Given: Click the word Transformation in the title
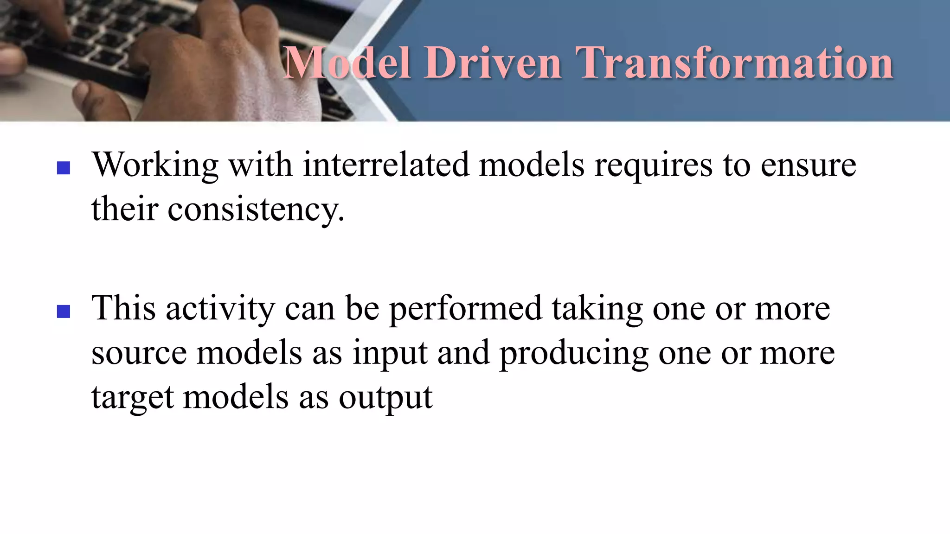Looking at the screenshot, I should click(x=734, y=63).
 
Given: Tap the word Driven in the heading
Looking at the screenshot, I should click(x=493, y=63).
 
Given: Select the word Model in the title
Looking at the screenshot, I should click(x=347, y=63).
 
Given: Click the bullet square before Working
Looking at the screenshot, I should click(x=64, y=168).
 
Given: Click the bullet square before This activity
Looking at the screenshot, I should click(x=64, y=311).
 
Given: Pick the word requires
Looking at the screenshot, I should click(x=653, y=165).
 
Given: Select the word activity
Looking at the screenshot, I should click(x=220, y=309).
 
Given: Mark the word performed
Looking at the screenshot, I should click(x=465, y=309).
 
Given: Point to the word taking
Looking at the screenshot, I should click(x=597, y=309).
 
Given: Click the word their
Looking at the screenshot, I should click(x=125, y=208).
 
